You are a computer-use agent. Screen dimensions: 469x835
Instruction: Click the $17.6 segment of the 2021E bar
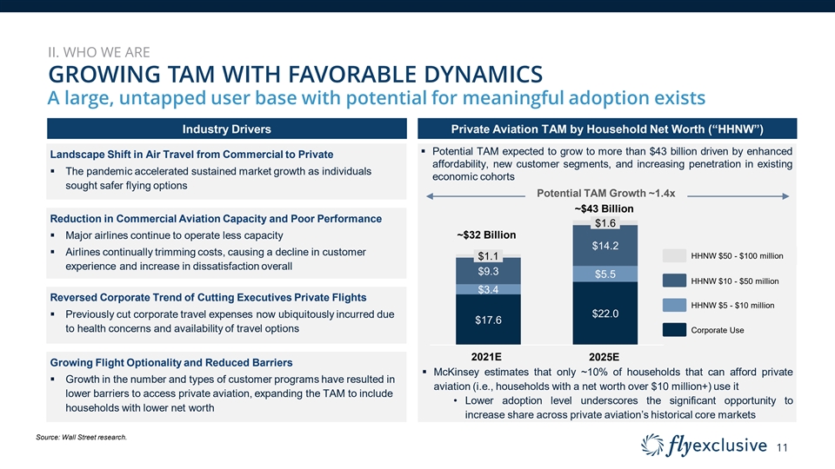click(488, 320)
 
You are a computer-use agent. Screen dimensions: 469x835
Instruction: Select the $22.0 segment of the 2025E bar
click(605, 314)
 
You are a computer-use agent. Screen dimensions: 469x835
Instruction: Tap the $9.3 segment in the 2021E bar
click(488, 271)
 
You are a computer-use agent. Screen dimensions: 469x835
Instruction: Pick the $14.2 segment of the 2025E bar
click(605, 246)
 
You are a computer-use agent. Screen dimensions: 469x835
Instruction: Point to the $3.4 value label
click(488, 289)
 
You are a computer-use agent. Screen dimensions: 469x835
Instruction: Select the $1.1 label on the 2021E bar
click(488, 255)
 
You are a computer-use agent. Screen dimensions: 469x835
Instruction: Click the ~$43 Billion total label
click(604, 209)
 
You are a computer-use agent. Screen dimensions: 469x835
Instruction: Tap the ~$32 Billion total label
click(487, 235)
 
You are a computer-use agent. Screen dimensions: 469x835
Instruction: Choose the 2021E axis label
click(487, 356)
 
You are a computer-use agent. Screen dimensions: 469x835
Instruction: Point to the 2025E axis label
click(604, 356)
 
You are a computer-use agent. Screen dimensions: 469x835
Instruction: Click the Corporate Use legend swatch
click(675, 330)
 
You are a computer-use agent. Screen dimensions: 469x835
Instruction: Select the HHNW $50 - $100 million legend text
click(737, 256)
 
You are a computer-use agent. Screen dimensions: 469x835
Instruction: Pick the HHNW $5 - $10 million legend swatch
click(675, 305)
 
